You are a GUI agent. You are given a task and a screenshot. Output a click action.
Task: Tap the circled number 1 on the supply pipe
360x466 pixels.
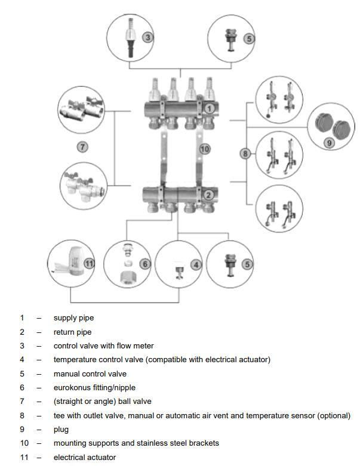click(x=210, y=108)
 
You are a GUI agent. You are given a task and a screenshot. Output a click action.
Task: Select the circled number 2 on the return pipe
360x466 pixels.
click(x=208, y=195)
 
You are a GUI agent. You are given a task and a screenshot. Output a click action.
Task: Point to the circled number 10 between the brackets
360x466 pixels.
click(x=205, y=149)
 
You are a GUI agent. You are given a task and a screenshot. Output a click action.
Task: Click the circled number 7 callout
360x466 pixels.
click(x=83, y=146)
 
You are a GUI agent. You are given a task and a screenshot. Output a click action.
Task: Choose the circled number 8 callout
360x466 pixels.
click(x=245, y=153)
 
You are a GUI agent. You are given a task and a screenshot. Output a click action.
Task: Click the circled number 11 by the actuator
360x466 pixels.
click(x=89, y=263)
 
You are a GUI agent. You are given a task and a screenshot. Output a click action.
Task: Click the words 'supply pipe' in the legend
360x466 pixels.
click(x=73, y=318)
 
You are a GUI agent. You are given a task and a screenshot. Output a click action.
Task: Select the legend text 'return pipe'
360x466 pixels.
click(x=72, y=332)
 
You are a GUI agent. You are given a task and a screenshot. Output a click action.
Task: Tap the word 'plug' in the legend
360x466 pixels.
click(x=61, y=429)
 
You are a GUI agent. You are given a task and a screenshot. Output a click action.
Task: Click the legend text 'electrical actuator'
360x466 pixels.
click(x=85, y=457)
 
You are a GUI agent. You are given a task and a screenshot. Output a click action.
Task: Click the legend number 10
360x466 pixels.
click(x=23, y=443)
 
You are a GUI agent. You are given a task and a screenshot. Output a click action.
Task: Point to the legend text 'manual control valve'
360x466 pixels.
click(x=90, y=374)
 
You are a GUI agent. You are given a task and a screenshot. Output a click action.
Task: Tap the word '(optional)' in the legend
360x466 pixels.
click(x=333, y=415)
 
